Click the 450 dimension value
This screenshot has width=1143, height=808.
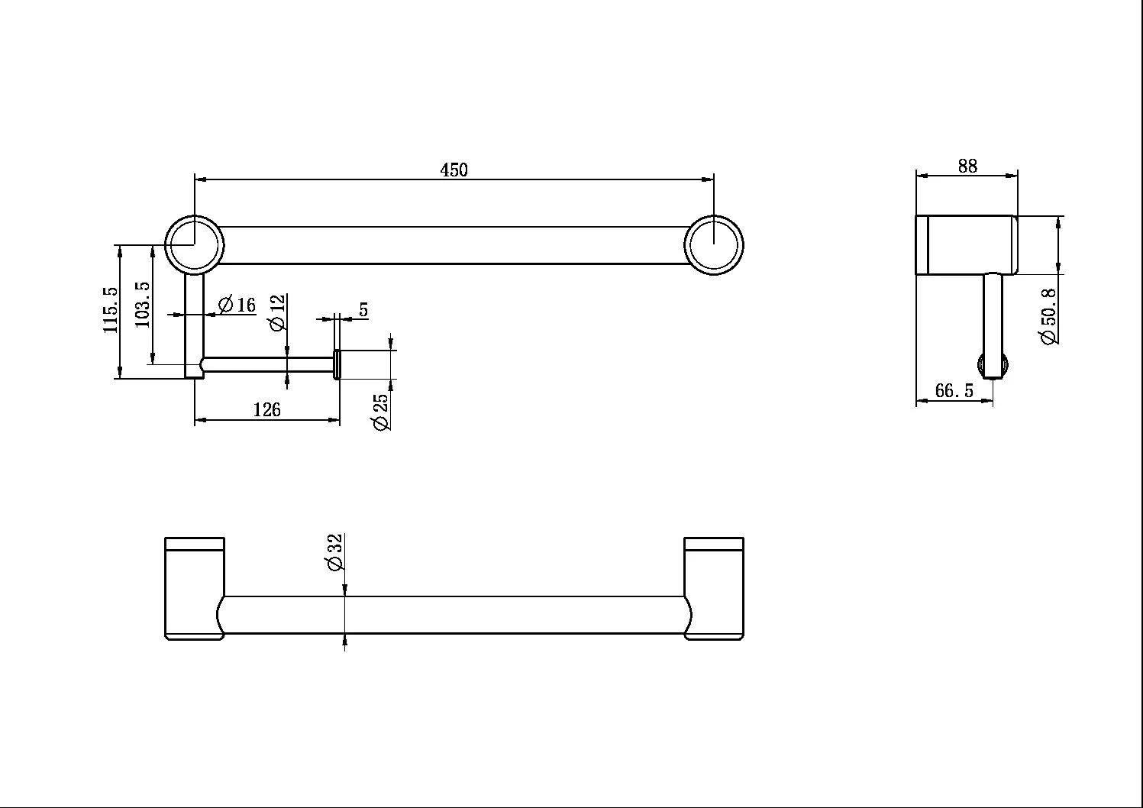click(x=454, y=170)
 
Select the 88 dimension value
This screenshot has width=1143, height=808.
click(x=967, y=166)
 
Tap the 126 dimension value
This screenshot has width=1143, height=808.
click(x=266, y=409)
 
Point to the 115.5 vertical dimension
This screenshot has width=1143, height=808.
click(x=111, y=309)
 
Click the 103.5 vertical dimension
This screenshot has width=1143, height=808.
click(x=143, y=305)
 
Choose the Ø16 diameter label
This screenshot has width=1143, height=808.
click(x=237, y=305)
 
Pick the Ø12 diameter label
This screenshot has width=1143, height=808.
click(x=277, y=312)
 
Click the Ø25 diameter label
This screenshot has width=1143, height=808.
click(x=380, y=411)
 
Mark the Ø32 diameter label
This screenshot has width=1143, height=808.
click(x=334, y=552)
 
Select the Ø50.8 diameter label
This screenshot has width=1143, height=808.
click(x=1049, y=315)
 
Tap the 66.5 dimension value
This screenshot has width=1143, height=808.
click(x=954, y=391)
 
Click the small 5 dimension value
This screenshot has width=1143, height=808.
click(x=363, y=310)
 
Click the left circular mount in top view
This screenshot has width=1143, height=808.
click(x=195, y=244)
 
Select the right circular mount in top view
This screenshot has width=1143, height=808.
click(x=714, y=244)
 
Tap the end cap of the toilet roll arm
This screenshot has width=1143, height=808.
click(x=337, y=364)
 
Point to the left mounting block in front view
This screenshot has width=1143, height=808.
click(x=195, y=588)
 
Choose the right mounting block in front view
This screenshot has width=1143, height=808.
click(x=714, y=588)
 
